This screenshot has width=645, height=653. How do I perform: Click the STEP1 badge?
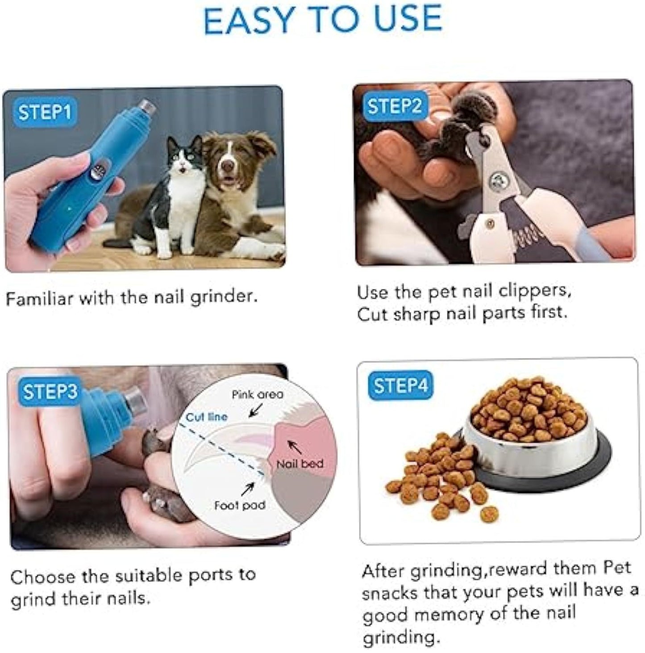(x=45, y=112)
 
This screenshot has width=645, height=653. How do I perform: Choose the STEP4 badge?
(x=400, y=385)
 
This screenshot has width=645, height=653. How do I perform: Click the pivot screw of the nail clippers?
(x=495, y=181)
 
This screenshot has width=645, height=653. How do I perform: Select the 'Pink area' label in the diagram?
(x=257, y=394)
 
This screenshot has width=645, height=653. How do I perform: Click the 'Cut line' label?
(x=206, y=417)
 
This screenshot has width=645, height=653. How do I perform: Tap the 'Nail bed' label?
(x=300, y=464)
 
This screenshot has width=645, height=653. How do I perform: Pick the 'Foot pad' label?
(x=240, y=505)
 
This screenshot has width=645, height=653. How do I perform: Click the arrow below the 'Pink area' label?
(x=255, y=410)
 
